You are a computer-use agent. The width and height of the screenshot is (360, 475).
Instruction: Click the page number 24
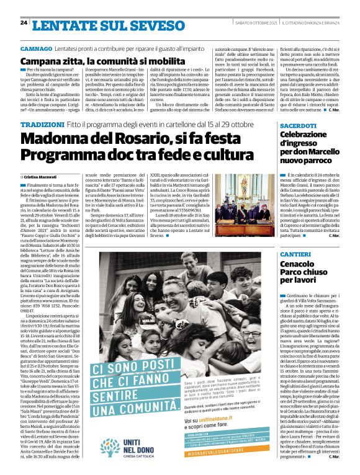coord(24,23)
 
